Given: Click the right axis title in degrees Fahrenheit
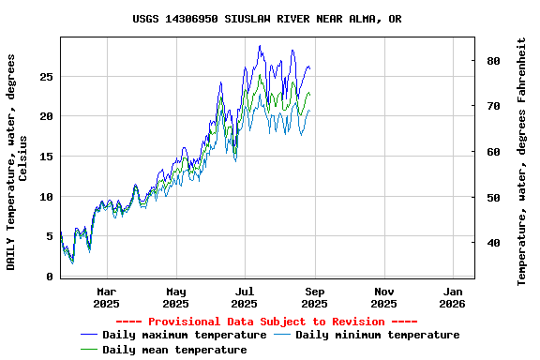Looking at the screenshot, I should pyautogui.click(x=522, y=161).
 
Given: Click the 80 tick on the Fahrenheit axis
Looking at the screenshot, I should pyautogui.click(x=493, y=61).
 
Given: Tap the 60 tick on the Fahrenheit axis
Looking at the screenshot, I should pyautogui.click(x=493, y=152).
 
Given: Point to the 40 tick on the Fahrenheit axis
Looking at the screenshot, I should pyautogui.click(x=493, y=243).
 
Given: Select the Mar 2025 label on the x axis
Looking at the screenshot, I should pyautogui.click(x=106, y=297).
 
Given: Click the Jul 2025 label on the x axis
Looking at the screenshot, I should pyautogui.click(x=244, y=297).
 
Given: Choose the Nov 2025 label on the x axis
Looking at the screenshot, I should pyautogui.click(x=383, y=297).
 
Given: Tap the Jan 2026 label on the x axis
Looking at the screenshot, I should pyautogui.click(x=452, y=297).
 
